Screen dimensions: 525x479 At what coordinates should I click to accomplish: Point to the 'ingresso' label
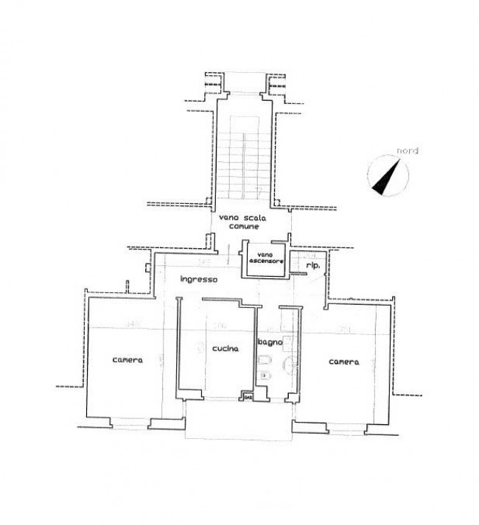tap(198, 280)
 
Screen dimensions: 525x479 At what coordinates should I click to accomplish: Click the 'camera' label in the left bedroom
tap(127, 360)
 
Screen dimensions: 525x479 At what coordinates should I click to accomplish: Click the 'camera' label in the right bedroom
tap(344, 362)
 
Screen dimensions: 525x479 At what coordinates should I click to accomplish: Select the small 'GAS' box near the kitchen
tap(247, 398)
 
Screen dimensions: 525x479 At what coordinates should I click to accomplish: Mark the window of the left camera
tap(131, 422)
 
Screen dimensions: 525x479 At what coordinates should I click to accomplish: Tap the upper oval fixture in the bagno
tap(265, 361)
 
